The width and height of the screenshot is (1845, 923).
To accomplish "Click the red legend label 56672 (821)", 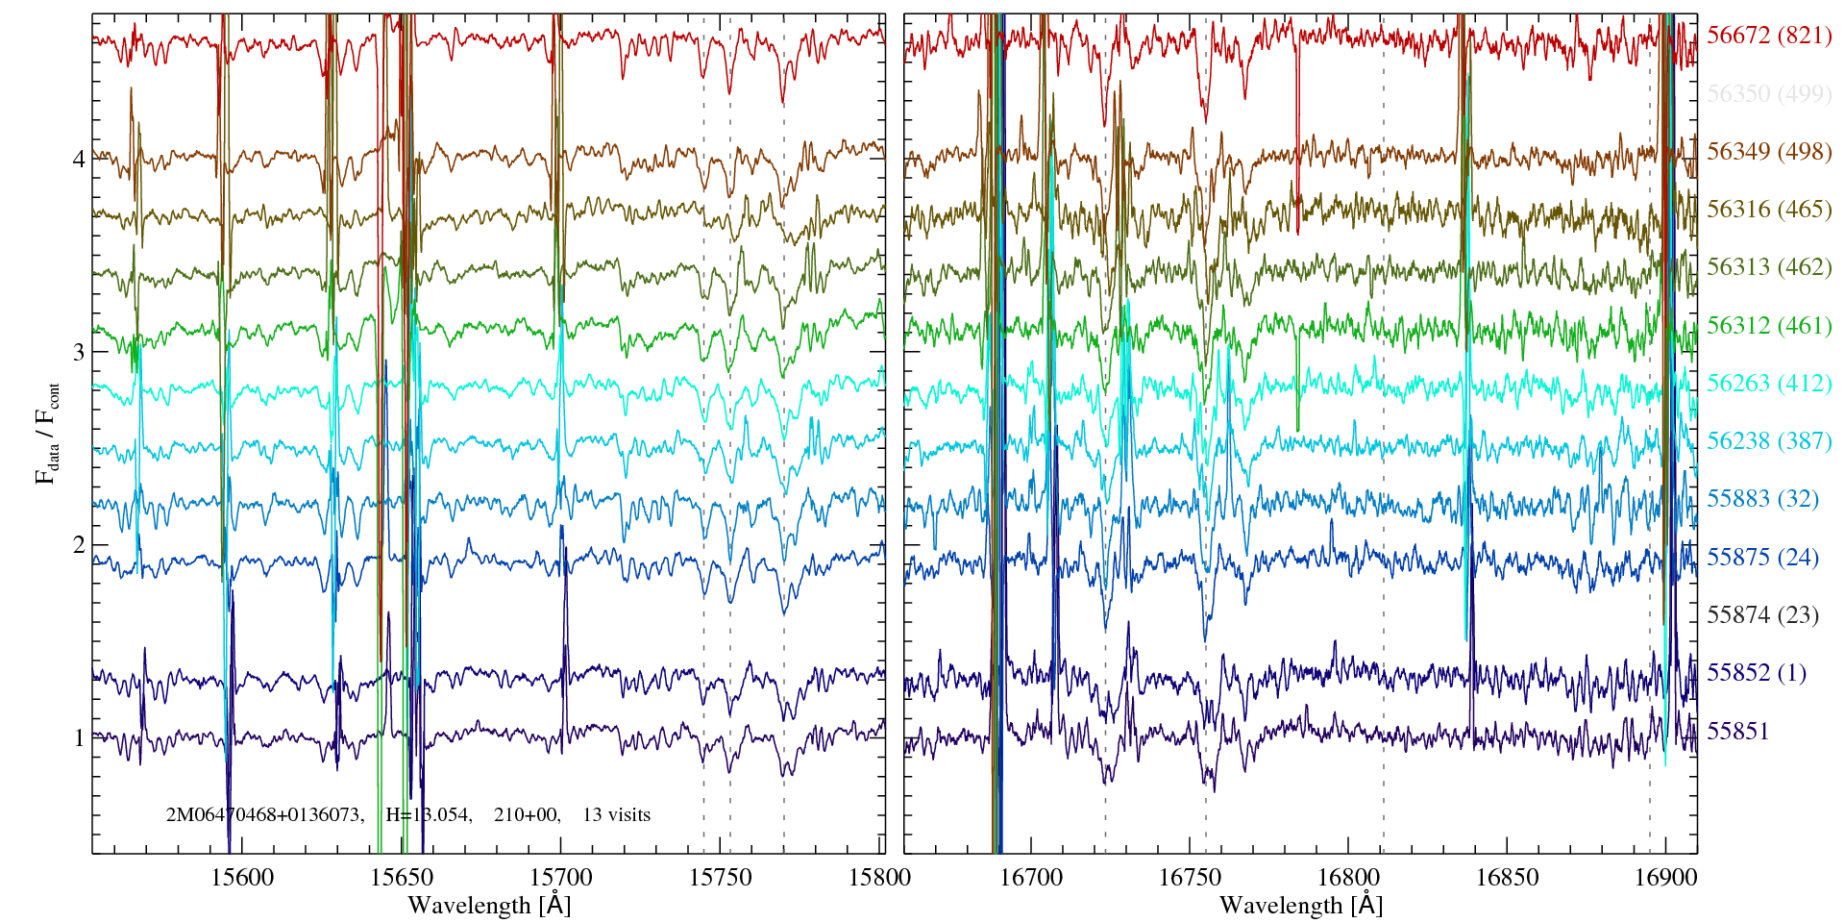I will click(x=1768, y=36).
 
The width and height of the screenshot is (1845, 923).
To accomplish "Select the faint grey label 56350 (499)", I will click(x=1768, y=93).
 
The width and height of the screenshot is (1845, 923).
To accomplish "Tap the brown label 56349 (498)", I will click(x=1768, y=151).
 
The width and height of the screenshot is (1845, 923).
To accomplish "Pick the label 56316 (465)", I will click(x=1768, y=209).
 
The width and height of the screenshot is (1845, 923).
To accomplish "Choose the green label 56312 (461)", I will click(x=1768, y=325).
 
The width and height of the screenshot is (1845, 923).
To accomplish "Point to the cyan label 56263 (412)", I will click(x=1768, y=383).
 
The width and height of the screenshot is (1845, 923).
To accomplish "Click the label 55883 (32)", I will click(x=1762, y=498).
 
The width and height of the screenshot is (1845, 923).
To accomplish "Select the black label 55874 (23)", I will click(x=1762, y=614).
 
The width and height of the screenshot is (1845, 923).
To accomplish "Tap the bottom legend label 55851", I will click(x=1737, y=731).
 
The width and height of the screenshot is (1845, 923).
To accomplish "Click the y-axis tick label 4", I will click(x=79, y=159).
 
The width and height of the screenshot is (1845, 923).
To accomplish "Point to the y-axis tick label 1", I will click(x=79, y=738).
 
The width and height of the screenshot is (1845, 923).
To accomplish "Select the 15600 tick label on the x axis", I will click(x=242, y=877).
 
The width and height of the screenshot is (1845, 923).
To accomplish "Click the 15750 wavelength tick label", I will click(x=721, y=877).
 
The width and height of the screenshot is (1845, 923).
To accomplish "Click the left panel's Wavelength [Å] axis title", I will click(x=488, y=905).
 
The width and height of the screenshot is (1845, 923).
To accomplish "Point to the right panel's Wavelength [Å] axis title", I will click(x=1300, y=905).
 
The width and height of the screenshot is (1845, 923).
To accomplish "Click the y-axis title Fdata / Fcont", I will click(x=47, y=433).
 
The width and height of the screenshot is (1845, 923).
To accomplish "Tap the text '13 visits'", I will click(x=616, y=814).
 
